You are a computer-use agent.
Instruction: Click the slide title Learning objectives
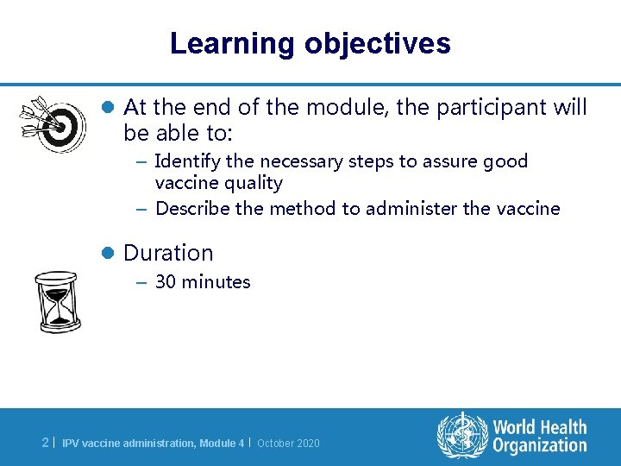point(310,43)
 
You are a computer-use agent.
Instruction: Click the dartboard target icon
point(54,125)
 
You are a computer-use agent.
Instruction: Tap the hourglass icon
point(57,302)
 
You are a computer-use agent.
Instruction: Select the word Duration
point(168,253)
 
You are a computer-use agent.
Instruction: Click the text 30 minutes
point(203,282)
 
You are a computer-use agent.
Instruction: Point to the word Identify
point(184,161)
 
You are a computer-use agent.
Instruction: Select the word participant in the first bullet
point(476,108)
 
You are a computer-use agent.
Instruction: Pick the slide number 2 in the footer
point(45,443)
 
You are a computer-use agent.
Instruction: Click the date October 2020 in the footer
point(288,443)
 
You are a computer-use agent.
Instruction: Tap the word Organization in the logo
point(539,445)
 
